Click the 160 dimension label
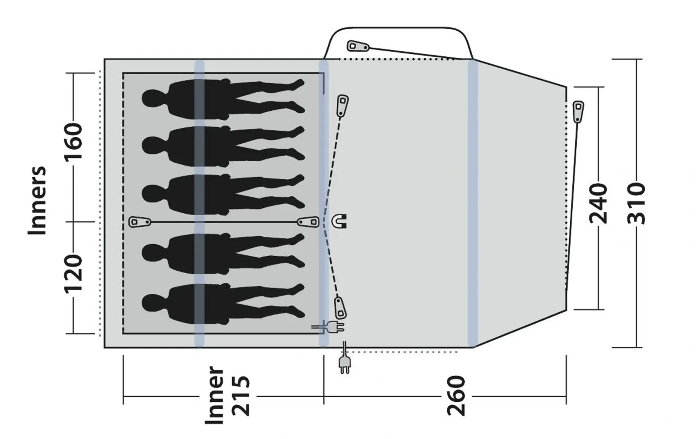(x=74, y=141)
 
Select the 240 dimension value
(x=599, y=204)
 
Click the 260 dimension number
(x=456, y=396)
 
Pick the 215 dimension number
(x=241, y=396)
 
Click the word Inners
(x=37, y=200)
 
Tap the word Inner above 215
(x=214, y=395)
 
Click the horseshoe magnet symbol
(x=339, y=221)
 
